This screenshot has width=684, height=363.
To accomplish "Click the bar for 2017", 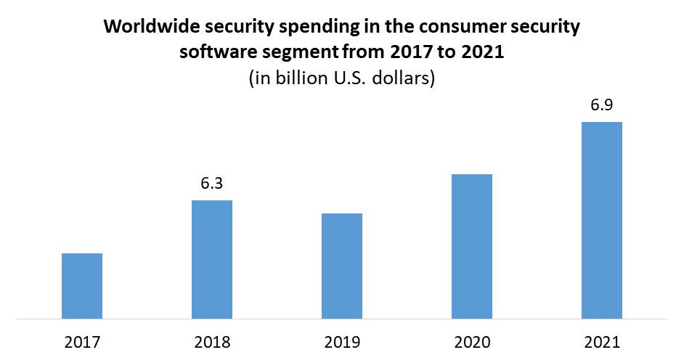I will (x=82, y=285).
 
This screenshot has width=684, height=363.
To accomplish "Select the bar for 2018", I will (x=212, y=259).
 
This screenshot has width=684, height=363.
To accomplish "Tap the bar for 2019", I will (x=342, y=266).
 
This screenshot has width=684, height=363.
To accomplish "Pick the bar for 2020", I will (x=472, y=246).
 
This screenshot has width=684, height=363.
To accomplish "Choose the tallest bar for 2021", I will (x=602, y=220).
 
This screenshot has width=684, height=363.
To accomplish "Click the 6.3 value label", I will (x=211, y=184).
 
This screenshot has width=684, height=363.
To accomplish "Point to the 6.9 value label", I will (x=602, y=105).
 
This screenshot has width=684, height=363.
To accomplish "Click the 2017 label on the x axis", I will (x=82, y=341).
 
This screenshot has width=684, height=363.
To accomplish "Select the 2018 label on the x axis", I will (x=212, y=341).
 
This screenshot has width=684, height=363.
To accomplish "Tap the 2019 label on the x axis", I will (x=342, y=341).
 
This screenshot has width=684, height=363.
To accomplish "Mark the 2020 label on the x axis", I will (x=472, y=341).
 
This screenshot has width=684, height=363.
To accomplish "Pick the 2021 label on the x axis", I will (x=602, y=341).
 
